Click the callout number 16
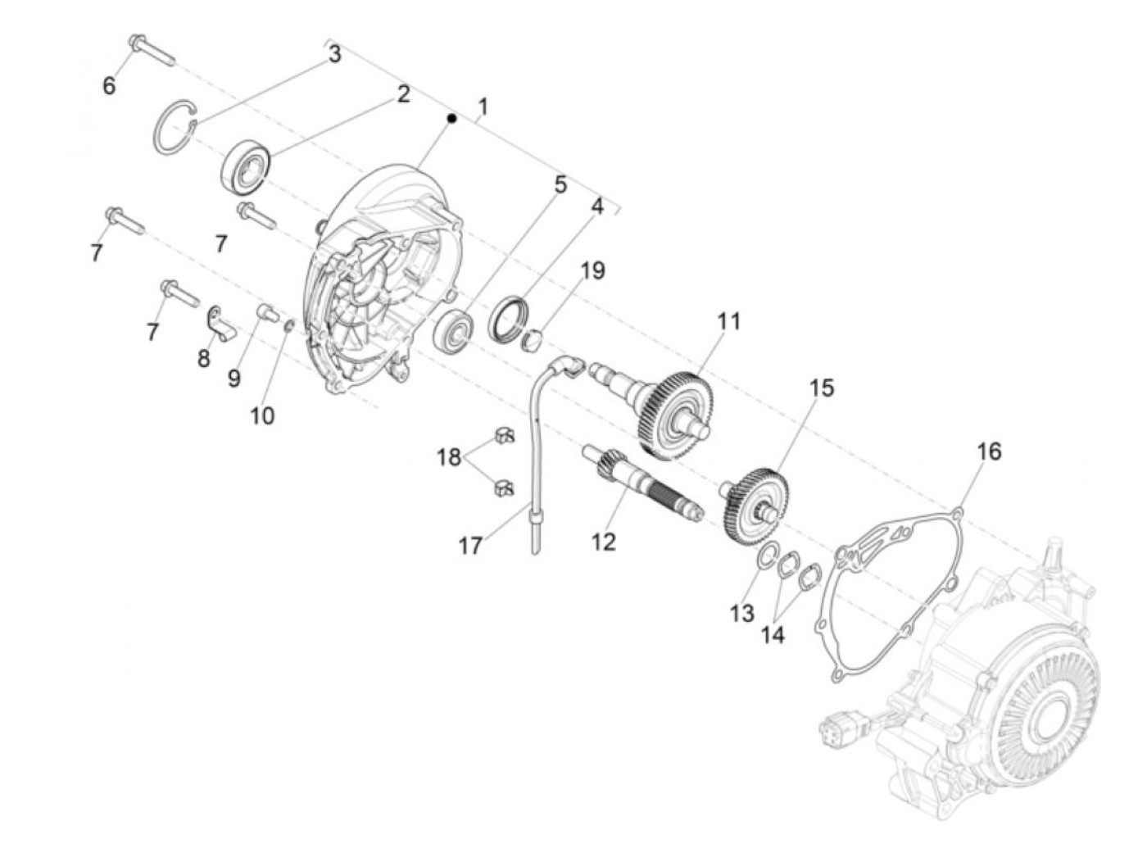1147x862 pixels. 989,451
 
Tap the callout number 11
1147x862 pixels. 728,322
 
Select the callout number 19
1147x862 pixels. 592,270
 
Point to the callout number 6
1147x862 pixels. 109,84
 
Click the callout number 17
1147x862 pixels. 470,545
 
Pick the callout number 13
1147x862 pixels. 742,613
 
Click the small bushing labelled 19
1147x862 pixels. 534,338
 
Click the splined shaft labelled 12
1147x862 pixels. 647,485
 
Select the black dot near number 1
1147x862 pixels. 451,119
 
